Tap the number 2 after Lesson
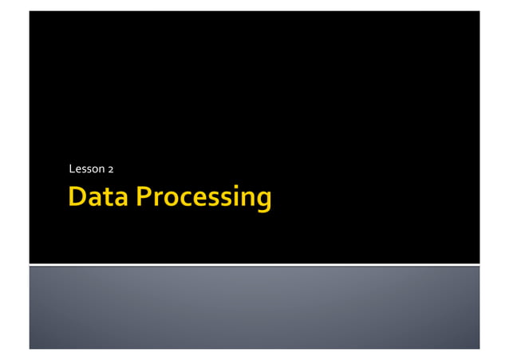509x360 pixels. click(111, 169)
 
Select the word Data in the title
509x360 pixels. click(99, 196)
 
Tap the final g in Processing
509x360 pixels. click(263, 200)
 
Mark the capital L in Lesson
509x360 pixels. click(73, 169)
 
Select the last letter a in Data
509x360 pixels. click(120, 199)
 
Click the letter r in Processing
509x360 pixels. click(157, 199)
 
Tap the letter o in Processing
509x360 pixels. click(170, 199)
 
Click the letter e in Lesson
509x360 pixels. click(79, 170)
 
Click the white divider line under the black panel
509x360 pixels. click(254, 263)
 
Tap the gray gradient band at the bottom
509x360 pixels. click(254, 307)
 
